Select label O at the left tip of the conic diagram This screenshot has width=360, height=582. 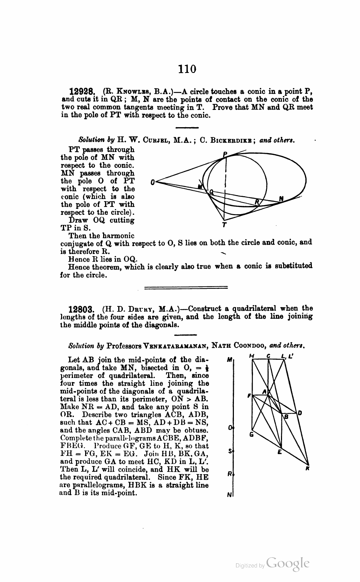pyautogui.click(x=153, y=183)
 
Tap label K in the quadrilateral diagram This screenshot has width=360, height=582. pyautogui.click(x=308, y=468)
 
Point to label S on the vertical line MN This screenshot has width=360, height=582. pyautogui.click(x=230, y=451)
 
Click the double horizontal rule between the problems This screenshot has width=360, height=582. pyautogui.click(x=186, y=287)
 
